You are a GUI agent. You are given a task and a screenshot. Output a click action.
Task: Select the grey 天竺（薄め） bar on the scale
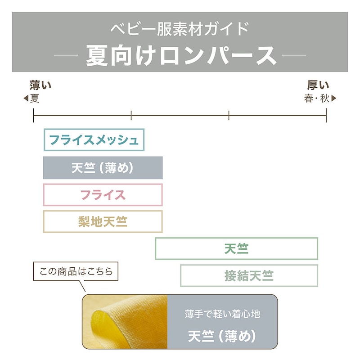103,167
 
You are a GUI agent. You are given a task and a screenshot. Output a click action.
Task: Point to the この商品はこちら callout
76,271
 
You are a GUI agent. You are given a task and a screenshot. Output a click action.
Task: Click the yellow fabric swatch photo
125,322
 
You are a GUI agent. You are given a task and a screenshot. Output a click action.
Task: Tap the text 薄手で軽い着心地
222,314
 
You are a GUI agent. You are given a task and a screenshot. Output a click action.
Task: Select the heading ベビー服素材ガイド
180,29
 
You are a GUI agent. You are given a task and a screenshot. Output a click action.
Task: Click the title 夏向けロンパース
181,55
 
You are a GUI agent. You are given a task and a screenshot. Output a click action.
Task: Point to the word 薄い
40,85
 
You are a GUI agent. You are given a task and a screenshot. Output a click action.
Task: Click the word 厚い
318,85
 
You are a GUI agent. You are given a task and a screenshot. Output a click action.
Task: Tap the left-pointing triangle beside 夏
26,98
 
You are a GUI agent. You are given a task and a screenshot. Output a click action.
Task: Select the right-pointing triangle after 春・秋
334,98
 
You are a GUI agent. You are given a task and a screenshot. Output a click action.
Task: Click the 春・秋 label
317,98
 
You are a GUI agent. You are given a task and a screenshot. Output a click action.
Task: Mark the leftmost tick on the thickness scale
33,115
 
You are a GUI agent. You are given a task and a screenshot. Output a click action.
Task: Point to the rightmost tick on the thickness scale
326,115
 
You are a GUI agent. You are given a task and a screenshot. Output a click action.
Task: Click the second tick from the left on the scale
131,115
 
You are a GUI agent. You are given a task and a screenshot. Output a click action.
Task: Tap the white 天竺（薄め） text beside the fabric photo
222,336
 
